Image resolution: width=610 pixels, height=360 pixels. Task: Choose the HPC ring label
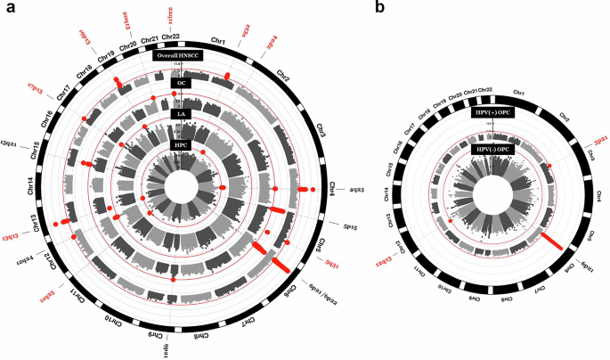[x=178, y=143]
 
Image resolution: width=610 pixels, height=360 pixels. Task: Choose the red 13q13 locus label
[x=12, y=235]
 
